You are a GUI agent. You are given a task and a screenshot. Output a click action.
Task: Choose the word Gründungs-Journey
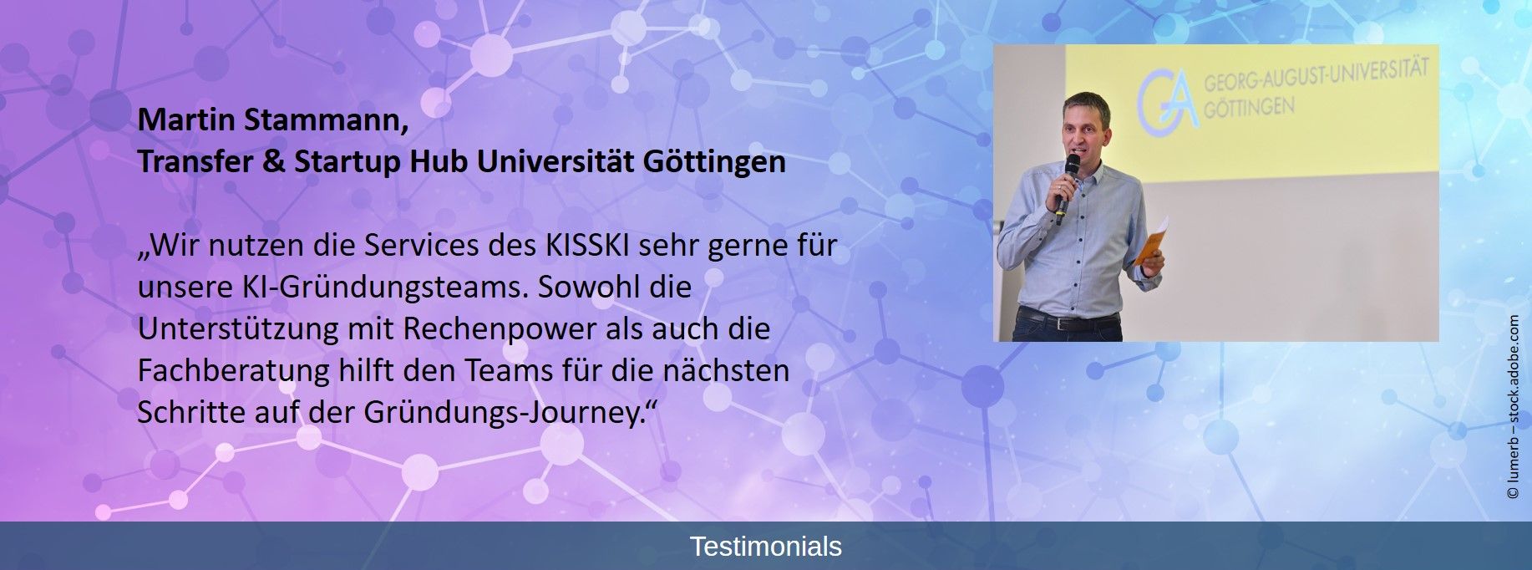[506, 413]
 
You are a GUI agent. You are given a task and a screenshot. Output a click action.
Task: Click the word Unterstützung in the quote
[239, 329]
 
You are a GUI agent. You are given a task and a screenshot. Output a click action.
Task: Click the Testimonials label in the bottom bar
[766, 547]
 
